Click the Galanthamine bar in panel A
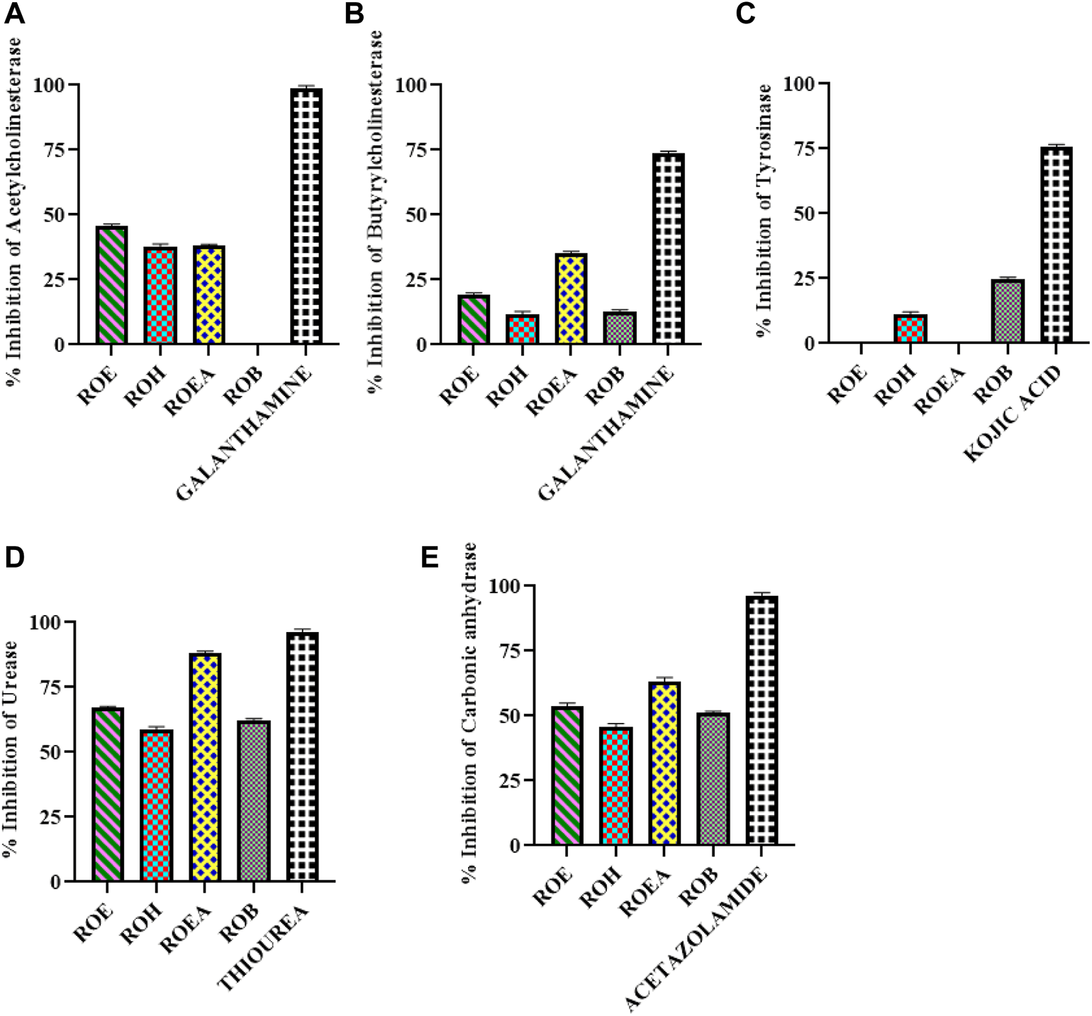306,216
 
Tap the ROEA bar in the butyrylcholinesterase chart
571,299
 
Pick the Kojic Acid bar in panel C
1056,245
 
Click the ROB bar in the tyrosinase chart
1008,311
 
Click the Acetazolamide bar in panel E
762,720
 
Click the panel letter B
354,14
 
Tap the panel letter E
430,558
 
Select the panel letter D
14,558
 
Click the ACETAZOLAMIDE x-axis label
698,939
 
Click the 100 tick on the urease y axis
45,622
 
